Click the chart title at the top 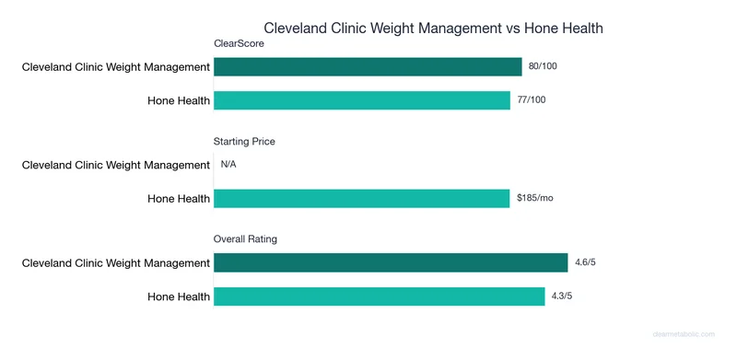click(x=433, y=29)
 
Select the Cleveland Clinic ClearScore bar click(x=368, y=66)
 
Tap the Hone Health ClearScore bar click(x=362, y=99)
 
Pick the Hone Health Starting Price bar click(x=362, y=198)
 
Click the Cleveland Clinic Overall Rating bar click(x=391, y=262)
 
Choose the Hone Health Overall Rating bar click(x=380, y=296)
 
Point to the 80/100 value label click(x=544, y=66)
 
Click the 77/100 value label click(x=532, y=99)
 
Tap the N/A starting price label click(x=229, y=165)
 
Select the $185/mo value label click(x=535, y=198)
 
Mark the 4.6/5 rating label click(x=585, y=262)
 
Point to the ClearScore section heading click(x=238, y=43)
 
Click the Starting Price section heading click(x=244, y=141)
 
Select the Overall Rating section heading click(x=246, y=239)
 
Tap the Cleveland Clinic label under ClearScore click(x=116, y=66)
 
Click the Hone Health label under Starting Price click(x=179, y=198)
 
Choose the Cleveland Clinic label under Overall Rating click(x=116, y=262)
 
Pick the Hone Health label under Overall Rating click(x=179, y=296)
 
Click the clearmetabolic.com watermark click(x=689, y=336)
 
